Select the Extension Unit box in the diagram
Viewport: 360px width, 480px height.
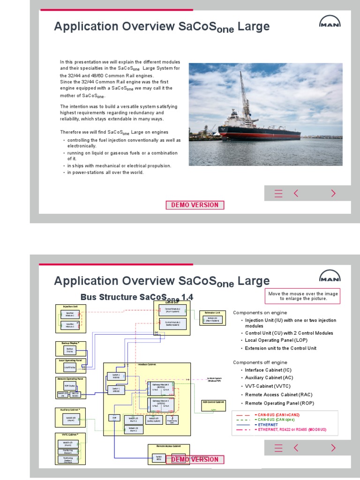click(x=212, y=318)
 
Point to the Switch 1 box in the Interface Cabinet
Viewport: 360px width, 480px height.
click(x=116, y=390)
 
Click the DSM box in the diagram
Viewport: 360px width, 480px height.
click(x=113, y=418)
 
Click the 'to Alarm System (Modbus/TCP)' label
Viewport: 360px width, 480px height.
click(x=214, y=380)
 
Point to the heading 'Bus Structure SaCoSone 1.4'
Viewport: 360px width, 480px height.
click(x=136, y=297)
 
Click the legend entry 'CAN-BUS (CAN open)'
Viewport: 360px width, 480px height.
click(x=274, y=420)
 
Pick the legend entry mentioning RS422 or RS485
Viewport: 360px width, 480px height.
click(x=290, y=430)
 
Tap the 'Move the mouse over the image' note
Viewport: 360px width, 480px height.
click(x=302, y=296)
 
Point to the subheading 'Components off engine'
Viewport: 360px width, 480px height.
click(x=260, y=362)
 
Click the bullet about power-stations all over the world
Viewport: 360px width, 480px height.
click(x=105, y=172)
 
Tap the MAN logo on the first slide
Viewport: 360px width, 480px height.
click(x=330, y=22)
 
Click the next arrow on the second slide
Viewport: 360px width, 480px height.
click(x=333, y=448)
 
